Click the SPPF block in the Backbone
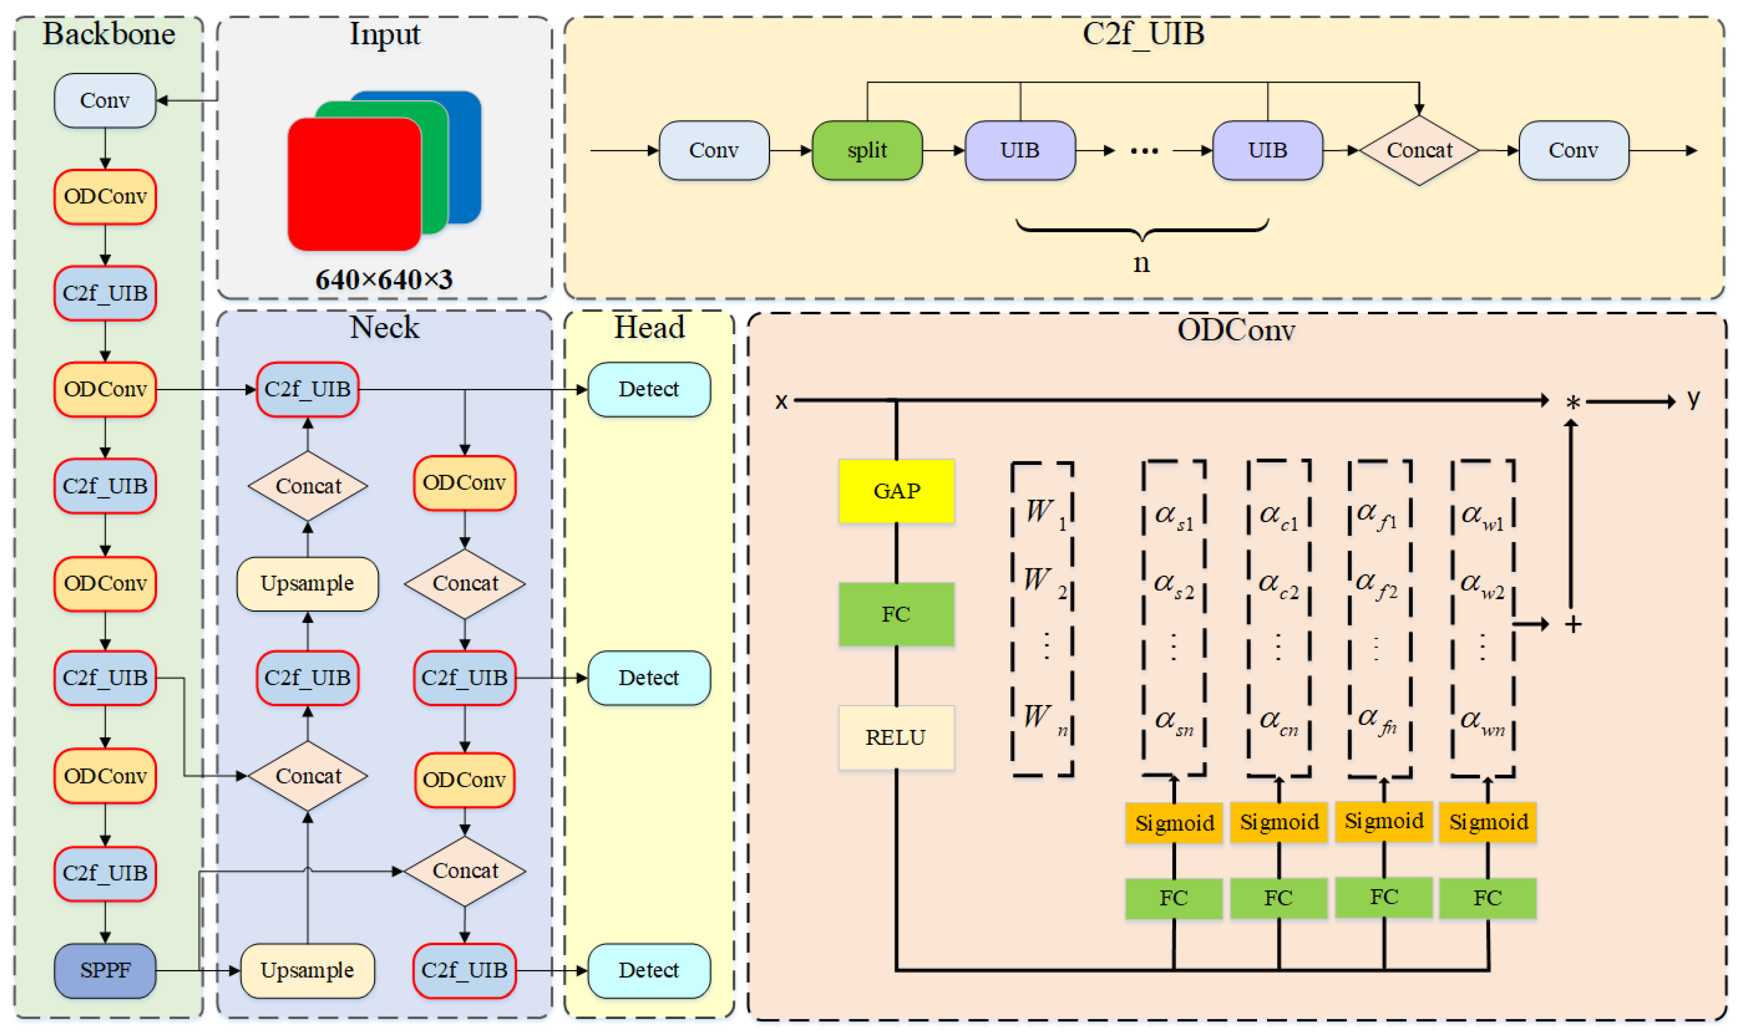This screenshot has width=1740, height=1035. pyautogui.click(x=104, y=970)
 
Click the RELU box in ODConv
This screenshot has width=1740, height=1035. pyautogui.click(x=896, y=737)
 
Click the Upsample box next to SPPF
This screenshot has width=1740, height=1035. pyautogui.click(x=307, y=970)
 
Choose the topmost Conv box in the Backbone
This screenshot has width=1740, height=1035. pyautogui.click(x=104, y=100)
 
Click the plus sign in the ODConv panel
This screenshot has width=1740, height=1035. pyautogui.click(x=1572, y=624)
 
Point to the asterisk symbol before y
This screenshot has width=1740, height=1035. pyautogui.click(x=1572, y=402)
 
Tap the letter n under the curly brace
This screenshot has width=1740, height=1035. pyautogui.click(x=1141, y=263)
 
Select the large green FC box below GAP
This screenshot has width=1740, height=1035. pyautogui.click(x=896, y=614)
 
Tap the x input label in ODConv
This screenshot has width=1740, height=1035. pyautogui.click(x=781, y=401)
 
